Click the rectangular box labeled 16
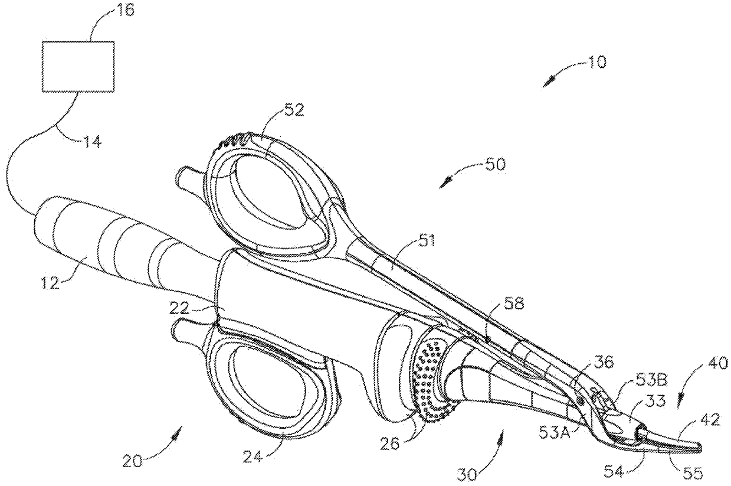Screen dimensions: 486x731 click(78, 66)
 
